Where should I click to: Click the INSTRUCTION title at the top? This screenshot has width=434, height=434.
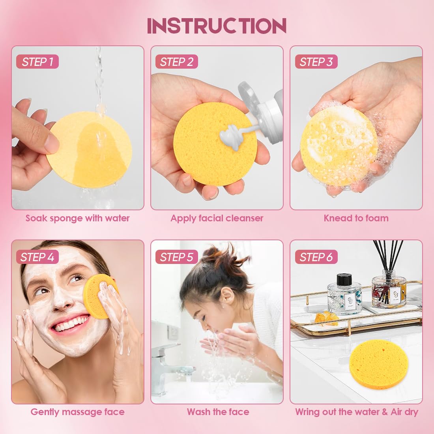click(217, 26)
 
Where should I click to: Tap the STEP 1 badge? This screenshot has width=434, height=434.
click(37, 62)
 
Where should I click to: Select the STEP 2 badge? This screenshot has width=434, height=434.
click(176, 62)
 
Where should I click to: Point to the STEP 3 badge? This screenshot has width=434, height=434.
click(316, 62)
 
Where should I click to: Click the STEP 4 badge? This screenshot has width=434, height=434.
click(37, 257)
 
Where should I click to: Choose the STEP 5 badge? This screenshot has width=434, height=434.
click(176, 257)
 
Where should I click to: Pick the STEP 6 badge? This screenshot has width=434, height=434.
click(316, 257)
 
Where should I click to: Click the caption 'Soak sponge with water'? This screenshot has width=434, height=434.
click(77, 218)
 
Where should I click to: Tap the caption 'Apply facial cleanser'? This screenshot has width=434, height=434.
click(217, 218)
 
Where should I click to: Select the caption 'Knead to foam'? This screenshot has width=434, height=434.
click(356, 218)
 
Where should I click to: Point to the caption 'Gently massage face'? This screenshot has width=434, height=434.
click(77, 412)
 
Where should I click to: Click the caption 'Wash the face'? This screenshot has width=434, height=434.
click(218, 412)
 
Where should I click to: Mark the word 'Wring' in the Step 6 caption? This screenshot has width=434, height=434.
click(307, 412)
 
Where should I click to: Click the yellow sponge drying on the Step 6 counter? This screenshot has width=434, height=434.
click(379, 363)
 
